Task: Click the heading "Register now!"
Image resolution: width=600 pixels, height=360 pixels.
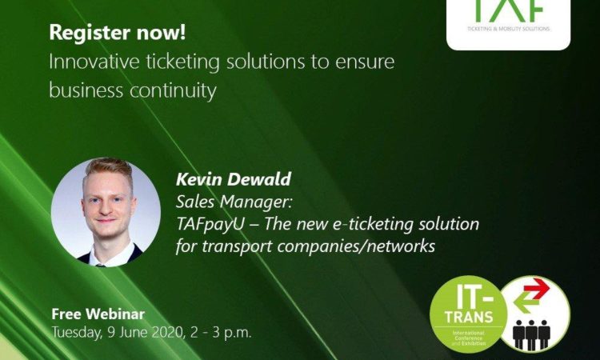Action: [x=117, y=33]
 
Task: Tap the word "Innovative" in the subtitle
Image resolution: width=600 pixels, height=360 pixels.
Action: [x=94, y=62]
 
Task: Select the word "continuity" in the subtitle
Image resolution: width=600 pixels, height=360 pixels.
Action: [x=173, y=91]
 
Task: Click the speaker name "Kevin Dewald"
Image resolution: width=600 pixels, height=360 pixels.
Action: [x=234, y=179]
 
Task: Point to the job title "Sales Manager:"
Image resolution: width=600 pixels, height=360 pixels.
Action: [x=234, y=202]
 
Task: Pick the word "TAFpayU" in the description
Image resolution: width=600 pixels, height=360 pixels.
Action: [x=210, y=224]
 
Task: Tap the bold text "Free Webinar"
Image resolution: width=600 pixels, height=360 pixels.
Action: [x=98, y=314]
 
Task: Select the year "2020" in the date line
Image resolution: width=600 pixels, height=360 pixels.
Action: [x=168, y=332]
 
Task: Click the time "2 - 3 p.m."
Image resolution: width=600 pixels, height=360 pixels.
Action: [x=221, y=333]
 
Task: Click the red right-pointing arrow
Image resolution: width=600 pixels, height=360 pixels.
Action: [x=537, y=289]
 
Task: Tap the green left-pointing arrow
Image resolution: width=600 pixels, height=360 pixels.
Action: [x=527, y=303]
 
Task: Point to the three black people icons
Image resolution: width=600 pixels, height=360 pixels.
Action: [x=531, y=334]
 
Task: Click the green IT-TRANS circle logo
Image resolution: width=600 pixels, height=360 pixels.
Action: [x=468, y=314]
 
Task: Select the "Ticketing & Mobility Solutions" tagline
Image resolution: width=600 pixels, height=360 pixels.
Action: [x=508, y=29]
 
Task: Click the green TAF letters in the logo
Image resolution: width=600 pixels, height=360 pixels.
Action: [x=509, y=10]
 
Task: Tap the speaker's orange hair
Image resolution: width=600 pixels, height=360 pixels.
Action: [x=108, y=169]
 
